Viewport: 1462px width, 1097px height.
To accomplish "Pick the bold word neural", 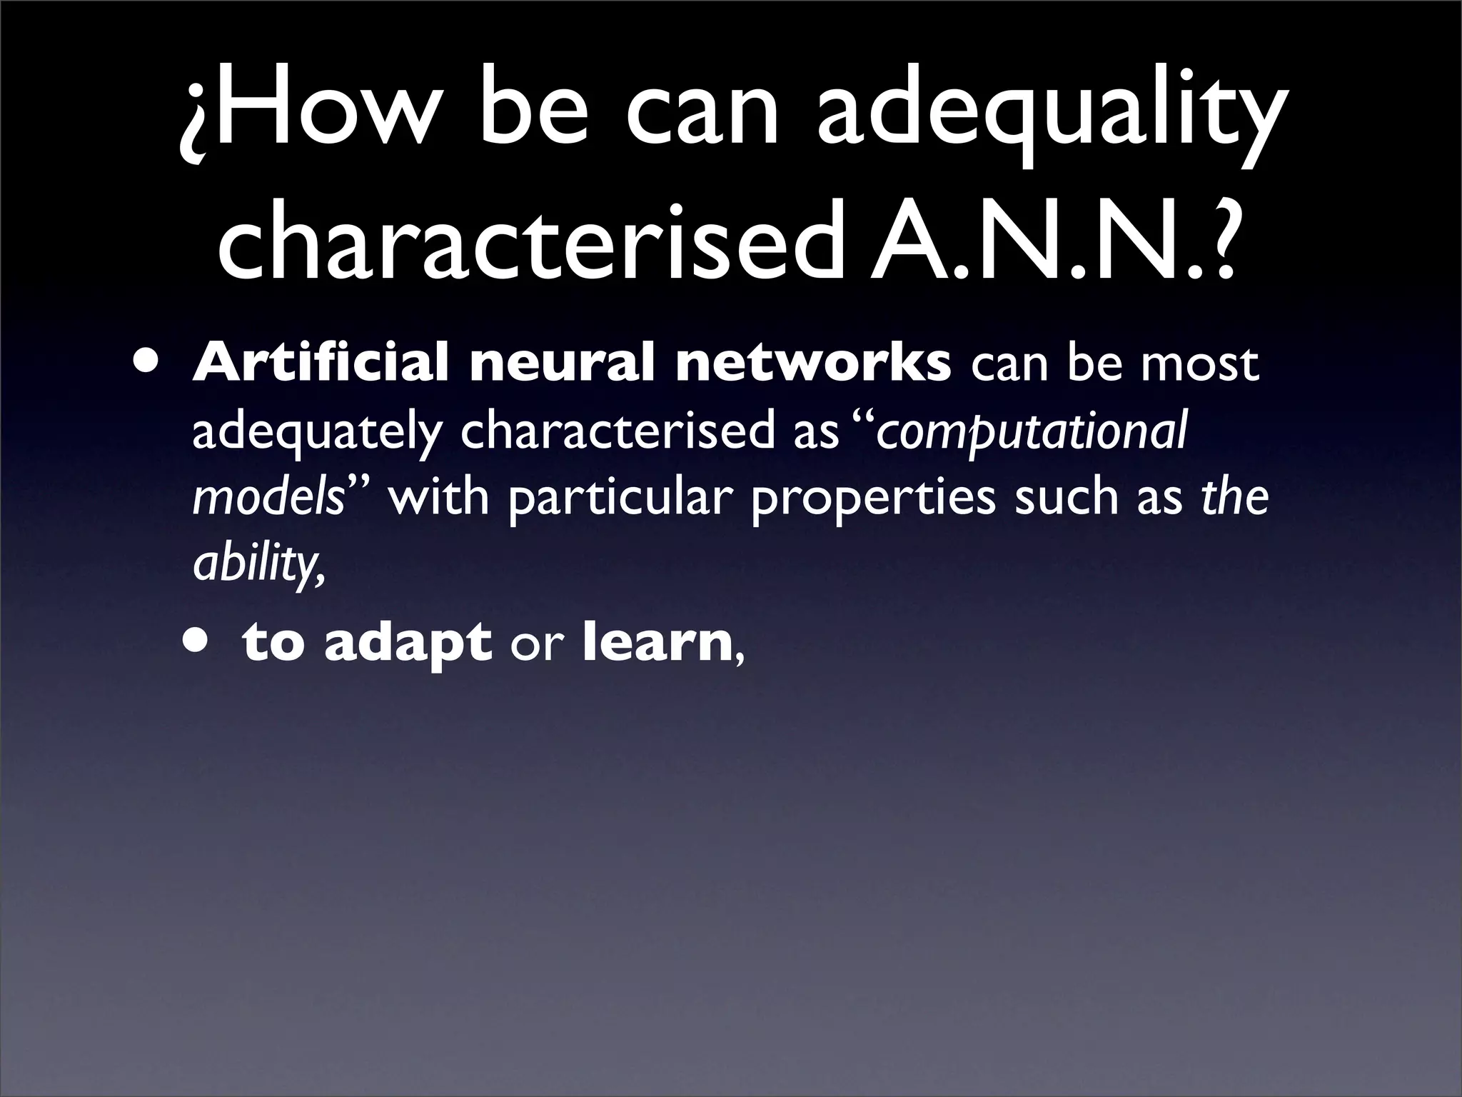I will pyautogui.click(x=560, y=364).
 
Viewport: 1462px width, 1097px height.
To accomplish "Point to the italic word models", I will pyautogui.click(x=268, y=498).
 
